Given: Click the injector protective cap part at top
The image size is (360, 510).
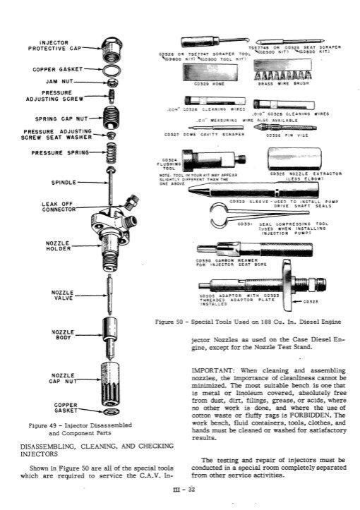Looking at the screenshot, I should (x=111, y=50).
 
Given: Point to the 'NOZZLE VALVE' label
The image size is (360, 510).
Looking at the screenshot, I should (x=57, y=295).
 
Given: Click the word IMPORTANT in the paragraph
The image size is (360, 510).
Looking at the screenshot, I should (x=216, y=369).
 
